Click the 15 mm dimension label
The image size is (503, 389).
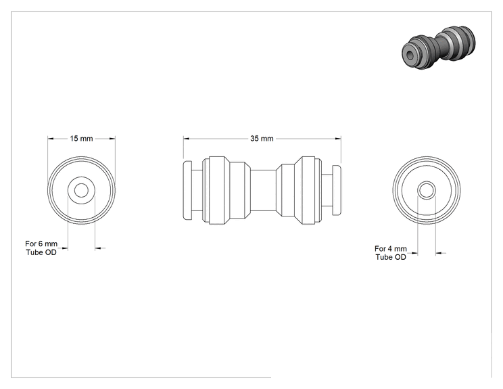[82, 139]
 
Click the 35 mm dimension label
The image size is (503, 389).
[262, 139]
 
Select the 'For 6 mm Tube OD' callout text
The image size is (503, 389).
[41, 248]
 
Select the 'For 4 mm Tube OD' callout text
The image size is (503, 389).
[391, 253]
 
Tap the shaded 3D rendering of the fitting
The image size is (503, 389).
[438, 47]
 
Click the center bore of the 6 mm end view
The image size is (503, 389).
[82, 190]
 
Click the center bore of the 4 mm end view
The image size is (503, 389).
[427, 190]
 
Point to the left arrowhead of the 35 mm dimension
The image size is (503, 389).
[187, 139]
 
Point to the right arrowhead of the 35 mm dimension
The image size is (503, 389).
[338, 139]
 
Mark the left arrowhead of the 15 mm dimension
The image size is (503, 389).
[51, 139]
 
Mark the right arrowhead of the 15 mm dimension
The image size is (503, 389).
[112, 139]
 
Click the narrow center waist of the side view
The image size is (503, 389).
[263, 190]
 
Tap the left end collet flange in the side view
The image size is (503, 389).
[188, 190]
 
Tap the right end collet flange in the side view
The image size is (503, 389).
[337, 190]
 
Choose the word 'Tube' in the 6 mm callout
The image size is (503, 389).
[34, 252]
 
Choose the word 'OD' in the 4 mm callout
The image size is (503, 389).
[401, 257]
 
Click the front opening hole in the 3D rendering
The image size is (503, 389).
[410, 56]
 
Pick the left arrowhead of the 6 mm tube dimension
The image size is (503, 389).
[65, 248]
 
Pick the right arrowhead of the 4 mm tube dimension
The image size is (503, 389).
[439, 253]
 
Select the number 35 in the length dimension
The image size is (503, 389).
[254, 139]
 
